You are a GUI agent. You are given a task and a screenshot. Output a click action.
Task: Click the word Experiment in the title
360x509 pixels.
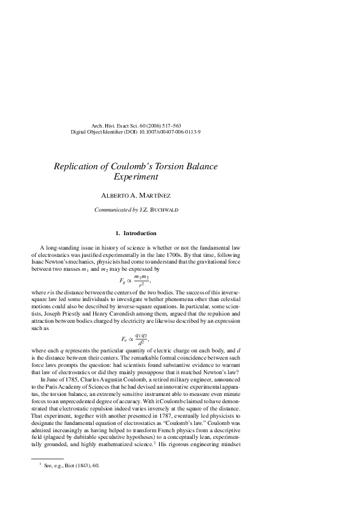[x=136, y=177]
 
